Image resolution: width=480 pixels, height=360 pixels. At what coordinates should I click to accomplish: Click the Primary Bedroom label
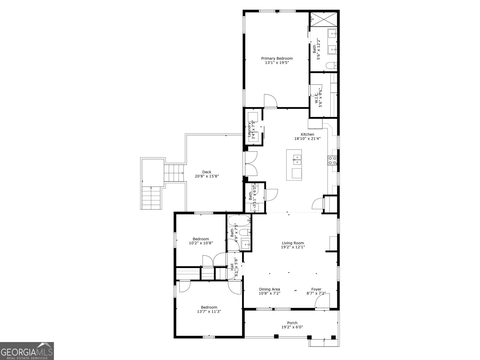pos(277,58)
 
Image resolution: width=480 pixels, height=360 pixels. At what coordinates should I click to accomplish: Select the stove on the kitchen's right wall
pos(332,160)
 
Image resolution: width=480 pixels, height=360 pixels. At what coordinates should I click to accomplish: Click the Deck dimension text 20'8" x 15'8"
pos(207,176)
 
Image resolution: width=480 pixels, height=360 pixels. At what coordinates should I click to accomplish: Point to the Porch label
pos(292,323)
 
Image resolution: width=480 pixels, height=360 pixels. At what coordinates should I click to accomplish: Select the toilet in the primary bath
pos(331,66)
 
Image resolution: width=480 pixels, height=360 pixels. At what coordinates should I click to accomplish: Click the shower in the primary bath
pos(323,19)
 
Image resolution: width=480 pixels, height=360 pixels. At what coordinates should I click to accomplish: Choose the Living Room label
pos(293,243)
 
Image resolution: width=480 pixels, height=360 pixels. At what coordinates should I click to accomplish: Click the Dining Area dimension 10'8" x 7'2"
pos(269,293)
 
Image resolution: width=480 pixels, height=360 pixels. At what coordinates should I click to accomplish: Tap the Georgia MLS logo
pos(27,351)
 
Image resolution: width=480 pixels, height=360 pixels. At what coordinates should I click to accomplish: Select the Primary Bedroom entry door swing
pos(271,101)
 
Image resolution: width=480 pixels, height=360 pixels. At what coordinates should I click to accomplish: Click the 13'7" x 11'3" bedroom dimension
pos(209,311)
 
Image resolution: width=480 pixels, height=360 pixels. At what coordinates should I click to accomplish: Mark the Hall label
pos(232,267)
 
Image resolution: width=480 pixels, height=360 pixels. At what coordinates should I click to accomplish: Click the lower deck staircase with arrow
pos(151,198)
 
